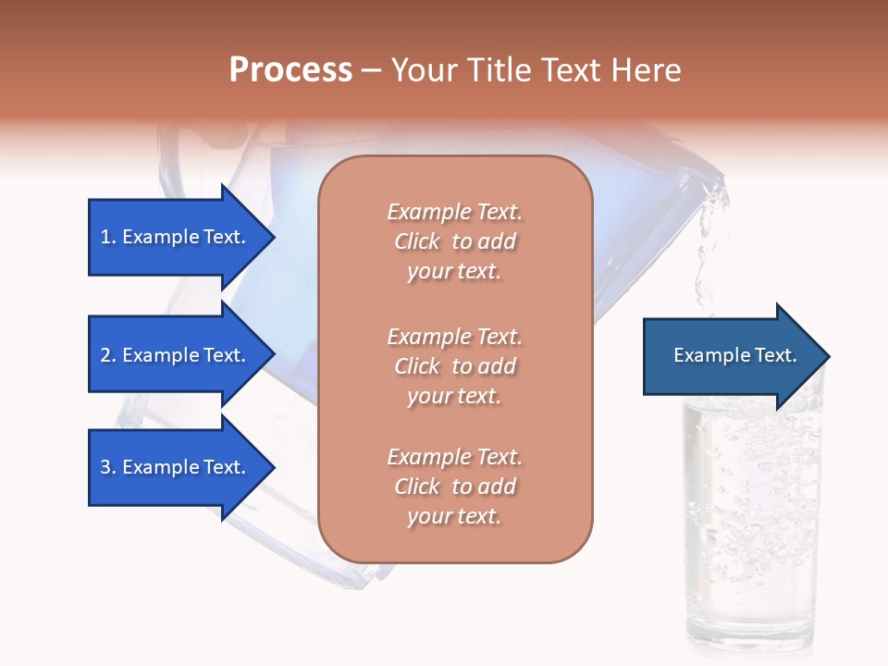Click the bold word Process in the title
(290, 70)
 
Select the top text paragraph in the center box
(454, 241)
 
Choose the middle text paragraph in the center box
(454, 366)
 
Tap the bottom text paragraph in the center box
(454, 487)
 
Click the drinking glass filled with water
(751, 518)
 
